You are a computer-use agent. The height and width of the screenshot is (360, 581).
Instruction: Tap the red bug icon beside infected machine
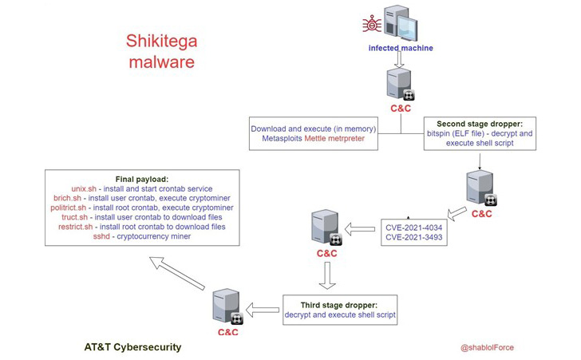pyautogui.click(x=372, y=25)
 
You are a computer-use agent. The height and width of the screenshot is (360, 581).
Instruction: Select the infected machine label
pyautogui.click(x=401, y=48)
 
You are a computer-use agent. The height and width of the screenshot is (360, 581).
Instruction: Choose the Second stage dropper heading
pyautogui.click(x=479, y=124)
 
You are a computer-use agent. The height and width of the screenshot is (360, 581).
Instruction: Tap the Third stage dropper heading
pyautogui.click(x=339, y=305)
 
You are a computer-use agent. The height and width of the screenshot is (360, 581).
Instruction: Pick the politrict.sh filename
pyautogui.click(x=75, y=208)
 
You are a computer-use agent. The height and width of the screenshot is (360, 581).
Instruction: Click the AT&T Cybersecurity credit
pyautogui.click(x=132, y=347)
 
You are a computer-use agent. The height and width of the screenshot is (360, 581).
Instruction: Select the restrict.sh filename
pyautogui.click(x=77, y=227)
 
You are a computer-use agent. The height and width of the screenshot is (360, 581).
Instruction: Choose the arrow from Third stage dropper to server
pyautogui.click(x=263, y=309)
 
